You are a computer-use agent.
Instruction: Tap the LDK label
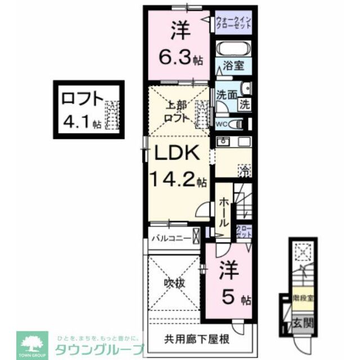pos(174,152)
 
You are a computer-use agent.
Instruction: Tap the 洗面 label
pos(226,95)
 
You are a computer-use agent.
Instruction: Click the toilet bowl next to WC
pos(240,124)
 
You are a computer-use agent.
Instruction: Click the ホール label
pos(224,209)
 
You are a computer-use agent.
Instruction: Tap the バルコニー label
pos(170,237)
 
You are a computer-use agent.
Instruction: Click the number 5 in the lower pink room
pos(228,298)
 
